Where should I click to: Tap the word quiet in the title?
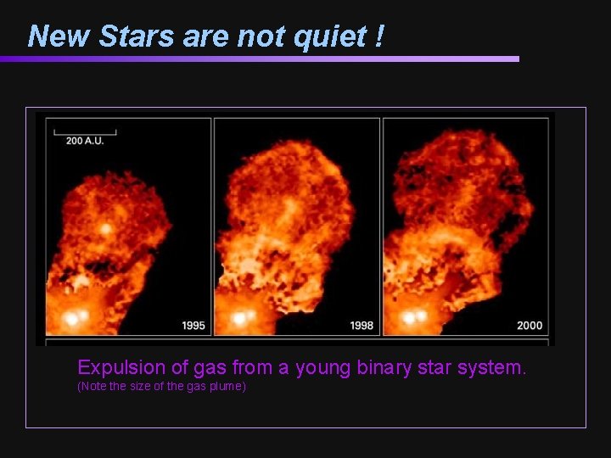[x=317, y=36]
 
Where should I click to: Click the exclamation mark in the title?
[x=378, y=36]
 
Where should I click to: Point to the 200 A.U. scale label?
[x=85, y=140]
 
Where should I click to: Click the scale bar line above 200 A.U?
[x=85, y=131]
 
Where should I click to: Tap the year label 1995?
[x=193, y=326]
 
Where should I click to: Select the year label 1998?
[x=362, y=326]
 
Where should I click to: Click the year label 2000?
[x=530, y=326]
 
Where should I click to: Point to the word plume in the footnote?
[x=225, y=387]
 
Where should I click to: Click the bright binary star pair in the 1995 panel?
[x=76, y=318]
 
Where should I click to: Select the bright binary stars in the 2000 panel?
[x=415, y=317]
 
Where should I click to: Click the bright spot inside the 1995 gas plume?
[x=106, y=228]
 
